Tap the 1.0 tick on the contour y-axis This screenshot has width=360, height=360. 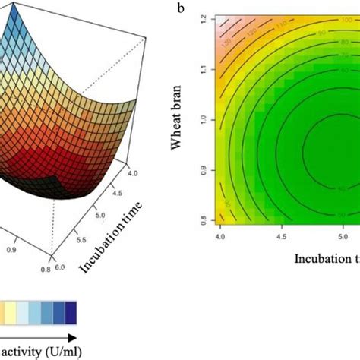pos(202,119)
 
